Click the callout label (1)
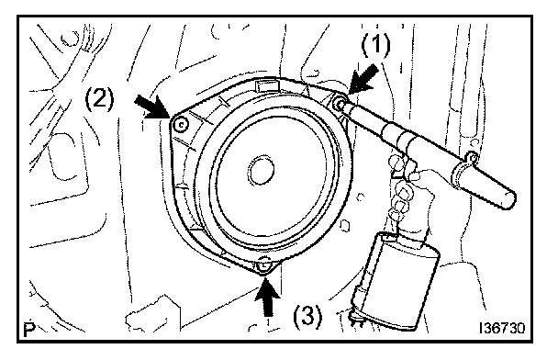[375, 46]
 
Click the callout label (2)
[100, 99]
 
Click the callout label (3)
[307, 316]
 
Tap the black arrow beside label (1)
[363, 79]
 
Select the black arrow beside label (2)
[151, 107]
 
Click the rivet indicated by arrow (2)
[181, 125]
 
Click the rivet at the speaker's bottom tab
[263, 264]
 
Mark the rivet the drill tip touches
[340, 104]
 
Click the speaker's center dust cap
[262, 170]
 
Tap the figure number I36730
[502, 328]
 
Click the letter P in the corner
[29, 330]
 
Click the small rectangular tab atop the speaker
[266, 85]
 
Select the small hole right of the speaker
[344, 226]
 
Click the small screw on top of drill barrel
[472, 157]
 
